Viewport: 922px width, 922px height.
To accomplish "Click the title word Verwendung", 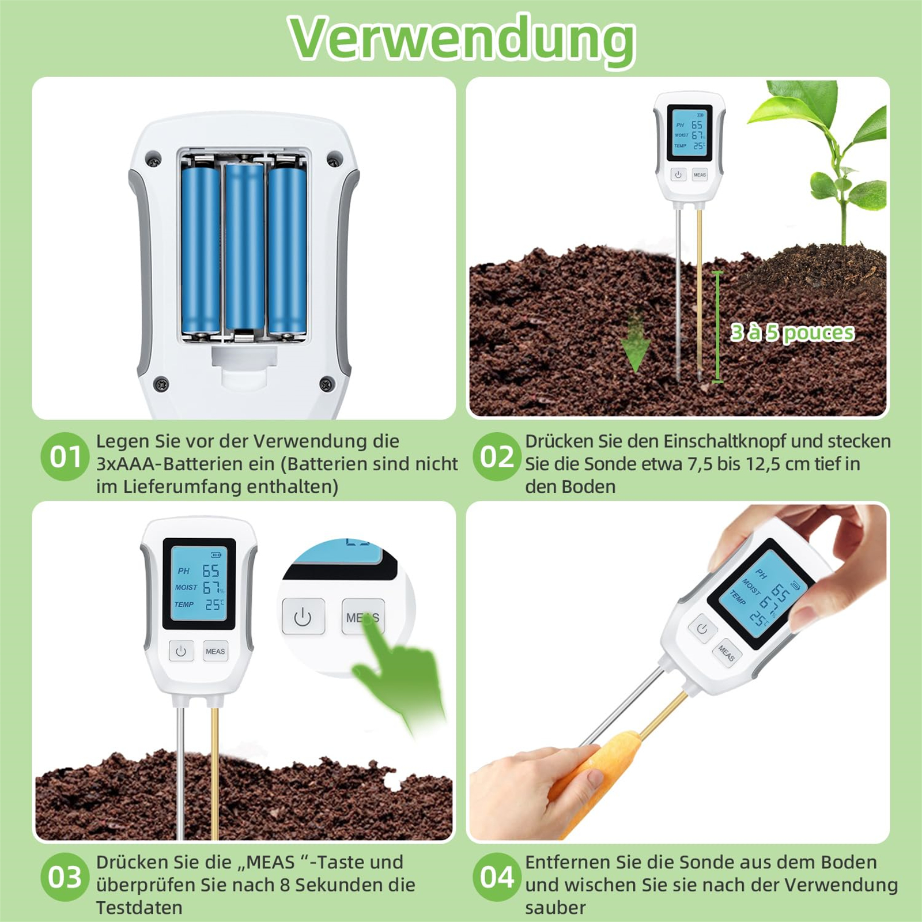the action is [x=462, y=39].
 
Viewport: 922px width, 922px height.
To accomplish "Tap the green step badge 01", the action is [x=65, y=457].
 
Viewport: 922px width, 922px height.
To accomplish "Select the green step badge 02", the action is [x=497, y=457].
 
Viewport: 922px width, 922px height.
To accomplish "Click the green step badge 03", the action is [x=65, y=877].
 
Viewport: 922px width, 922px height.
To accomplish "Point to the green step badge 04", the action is [x=497, y=877].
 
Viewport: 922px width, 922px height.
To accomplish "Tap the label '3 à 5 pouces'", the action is [x=792, y=332].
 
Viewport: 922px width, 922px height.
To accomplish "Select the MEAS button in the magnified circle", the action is [x=362, y=617].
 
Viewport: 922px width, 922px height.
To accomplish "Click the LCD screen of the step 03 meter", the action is [x=199, y=584].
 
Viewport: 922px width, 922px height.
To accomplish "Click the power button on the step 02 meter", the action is [x=678, y=175].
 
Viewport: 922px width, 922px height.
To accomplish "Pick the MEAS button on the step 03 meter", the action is [x=216, y=651].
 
